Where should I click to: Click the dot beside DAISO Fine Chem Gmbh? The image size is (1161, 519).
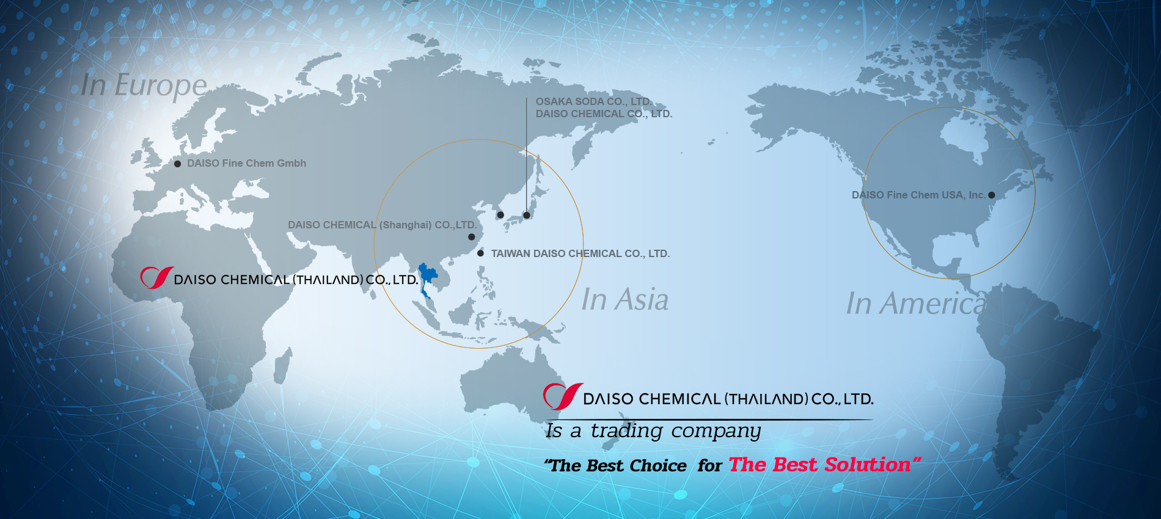177,164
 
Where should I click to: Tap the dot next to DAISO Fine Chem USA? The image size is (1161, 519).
992,195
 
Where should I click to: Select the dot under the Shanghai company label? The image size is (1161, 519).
472,237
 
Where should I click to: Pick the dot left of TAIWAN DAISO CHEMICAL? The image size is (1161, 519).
481,253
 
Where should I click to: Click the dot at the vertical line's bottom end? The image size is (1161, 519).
527,215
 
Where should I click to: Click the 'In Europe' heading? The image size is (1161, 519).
144,85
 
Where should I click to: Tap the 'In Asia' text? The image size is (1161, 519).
625,300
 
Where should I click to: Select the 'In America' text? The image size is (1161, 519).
916,303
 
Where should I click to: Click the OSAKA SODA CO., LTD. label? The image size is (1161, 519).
593,101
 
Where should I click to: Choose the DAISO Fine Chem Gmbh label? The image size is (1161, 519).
247,164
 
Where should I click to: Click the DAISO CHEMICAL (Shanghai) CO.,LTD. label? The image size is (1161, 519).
383,225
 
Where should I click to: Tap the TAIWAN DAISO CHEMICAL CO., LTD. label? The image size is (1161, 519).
580,253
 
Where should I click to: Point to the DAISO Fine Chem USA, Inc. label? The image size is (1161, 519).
918,195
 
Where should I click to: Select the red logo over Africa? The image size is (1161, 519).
157,278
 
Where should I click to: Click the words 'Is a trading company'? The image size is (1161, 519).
654,431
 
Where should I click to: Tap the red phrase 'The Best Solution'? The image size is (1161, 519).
819,465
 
